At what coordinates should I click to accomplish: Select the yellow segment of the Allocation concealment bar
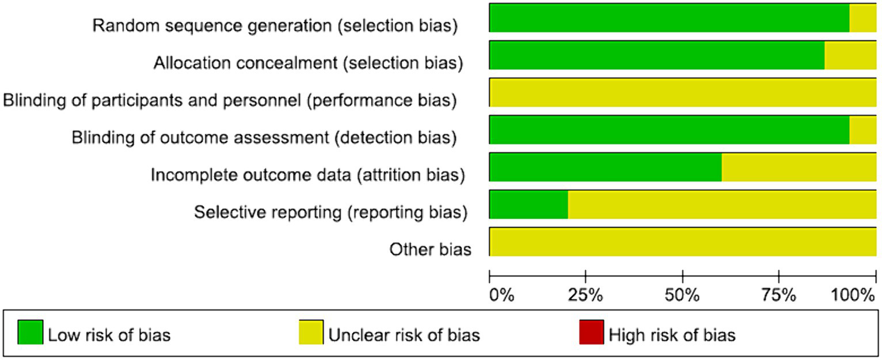point(850,55)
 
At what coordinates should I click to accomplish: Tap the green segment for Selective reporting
point(529,204)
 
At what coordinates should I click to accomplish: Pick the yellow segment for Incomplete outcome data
point(799,167)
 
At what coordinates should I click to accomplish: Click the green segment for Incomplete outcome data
point(605,167)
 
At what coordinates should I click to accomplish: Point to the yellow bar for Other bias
point(683,242)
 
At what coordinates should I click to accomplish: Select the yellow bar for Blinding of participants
point(683,92)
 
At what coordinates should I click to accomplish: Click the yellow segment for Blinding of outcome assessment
point(862,130)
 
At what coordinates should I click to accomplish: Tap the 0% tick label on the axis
point(501,296)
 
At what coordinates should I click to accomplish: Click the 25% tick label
point(586,296)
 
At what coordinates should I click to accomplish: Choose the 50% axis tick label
point(682,296)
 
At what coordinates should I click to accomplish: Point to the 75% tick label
point(779,296)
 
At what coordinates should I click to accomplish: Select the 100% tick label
point(853,296)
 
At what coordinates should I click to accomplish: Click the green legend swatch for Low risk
point(30,332)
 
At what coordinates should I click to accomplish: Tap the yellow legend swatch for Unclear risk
point(311,332)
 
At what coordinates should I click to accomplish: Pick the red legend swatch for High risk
point(591,332)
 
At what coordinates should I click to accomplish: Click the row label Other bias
point(430,249)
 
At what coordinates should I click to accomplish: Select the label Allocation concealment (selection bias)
point(308,63)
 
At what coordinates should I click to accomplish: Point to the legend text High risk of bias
point(672,335)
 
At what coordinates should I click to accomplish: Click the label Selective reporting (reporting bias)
point(329,212)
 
